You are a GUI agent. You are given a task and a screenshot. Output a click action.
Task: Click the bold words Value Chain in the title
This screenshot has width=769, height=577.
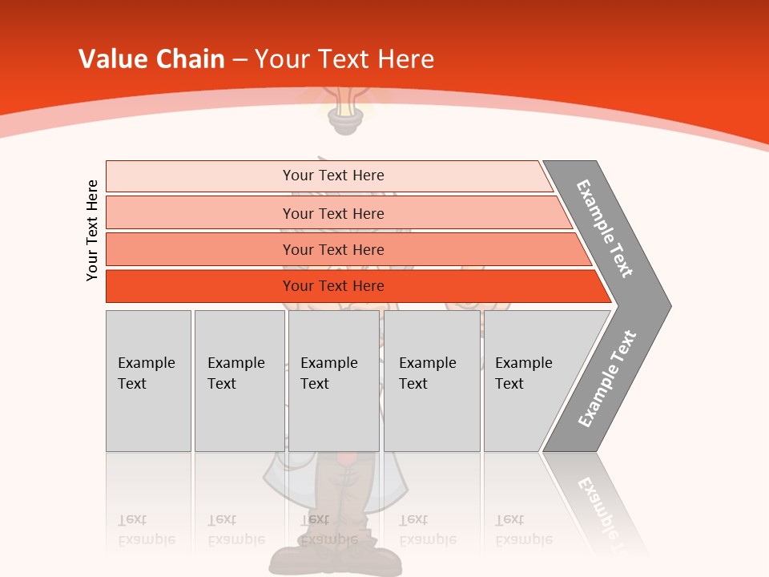tap(151, 59)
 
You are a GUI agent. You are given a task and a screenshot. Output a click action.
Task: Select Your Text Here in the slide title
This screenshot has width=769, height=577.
tap(344, 59)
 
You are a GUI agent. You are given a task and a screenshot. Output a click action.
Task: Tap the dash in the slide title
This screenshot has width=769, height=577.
tap(240, 60)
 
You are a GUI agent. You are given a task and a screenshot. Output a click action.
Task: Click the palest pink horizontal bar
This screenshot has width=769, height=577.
tap(328, 176)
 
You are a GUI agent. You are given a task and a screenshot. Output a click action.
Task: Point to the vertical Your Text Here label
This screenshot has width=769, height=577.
tap(92, 230)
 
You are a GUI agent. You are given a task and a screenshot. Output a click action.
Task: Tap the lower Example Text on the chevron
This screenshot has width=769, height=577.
tap(607, 379)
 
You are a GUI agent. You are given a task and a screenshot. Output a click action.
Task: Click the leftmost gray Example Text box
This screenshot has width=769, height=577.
tap(148, 381)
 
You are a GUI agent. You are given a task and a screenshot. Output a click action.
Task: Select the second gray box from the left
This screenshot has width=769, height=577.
tap(240, 381)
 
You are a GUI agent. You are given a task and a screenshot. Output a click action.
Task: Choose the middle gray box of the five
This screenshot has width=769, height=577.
tap(333, 381)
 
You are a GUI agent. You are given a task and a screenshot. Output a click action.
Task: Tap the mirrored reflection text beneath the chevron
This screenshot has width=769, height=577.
tap(601, 505)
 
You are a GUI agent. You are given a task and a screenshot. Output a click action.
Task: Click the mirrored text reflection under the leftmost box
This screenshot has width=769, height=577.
tap(146, 530)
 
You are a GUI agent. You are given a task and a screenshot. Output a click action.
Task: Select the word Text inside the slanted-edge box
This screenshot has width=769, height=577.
tap(509, 384)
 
